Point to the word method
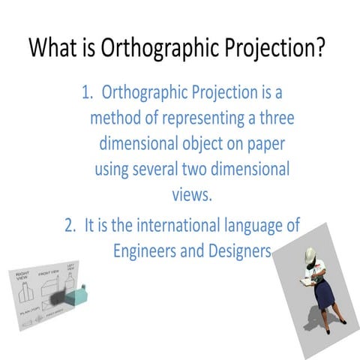click(x=118, y=118)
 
